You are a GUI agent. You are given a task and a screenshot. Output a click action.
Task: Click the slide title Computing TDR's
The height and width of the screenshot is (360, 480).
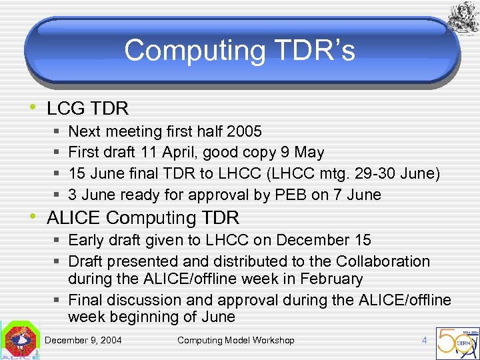(239, 51)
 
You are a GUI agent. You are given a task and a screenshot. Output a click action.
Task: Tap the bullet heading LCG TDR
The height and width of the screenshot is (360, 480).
(87, 107)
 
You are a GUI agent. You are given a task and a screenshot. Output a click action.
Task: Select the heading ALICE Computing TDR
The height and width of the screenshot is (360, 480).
(143, 217)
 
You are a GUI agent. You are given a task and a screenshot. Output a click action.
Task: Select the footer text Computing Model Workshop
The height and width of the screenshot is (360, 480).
(235, 341)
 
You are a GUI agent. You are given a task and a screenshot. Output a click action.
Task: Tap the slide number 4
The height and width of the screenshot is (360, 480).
(424, 341)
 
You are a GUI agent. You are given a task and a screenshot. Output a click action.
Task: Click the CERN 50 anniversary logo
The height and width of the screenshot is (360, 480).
(457, 341)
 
